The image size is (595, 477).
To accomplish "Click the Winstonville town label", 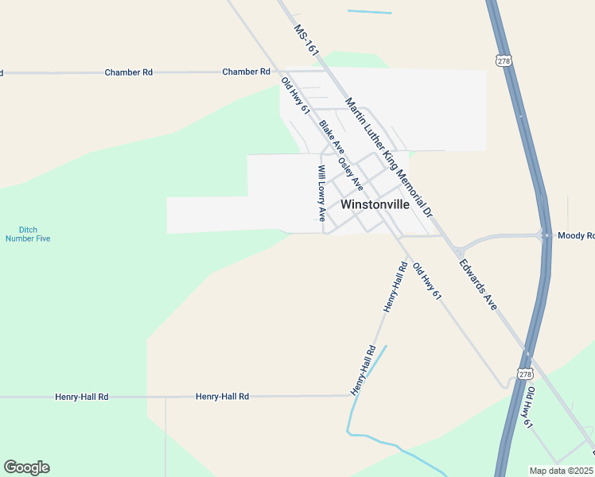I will point(375,204).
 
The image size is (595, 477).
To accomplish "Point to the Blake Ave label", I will point(332,137).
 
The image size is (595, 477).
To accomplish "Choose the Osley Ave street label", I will point(351,173).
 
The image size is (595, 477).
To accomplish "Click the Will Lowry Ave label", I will point(321,192).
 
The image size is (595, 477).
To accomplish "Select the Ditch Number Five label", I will point(28,234).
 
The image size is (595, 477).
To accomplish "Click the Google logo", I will point(26,467).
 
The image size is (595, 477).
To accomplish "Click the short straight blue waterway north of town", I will point(369,12).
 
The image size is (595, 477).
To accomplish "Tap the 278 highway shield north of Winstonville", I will point(502,60).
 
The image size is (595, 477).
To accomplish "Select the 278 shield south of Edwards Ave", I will point(524,374).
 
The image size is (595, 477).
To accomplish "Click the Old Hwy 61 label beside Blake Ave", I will point(295,95).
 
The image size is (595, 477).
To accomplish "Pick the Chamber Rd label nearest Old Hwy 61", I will point(246,72).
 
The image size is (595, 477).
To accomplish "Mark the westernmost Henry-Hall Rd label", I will point(81,396).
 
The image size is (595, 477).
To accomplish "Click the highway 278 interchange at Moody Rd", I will point(546,235).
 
